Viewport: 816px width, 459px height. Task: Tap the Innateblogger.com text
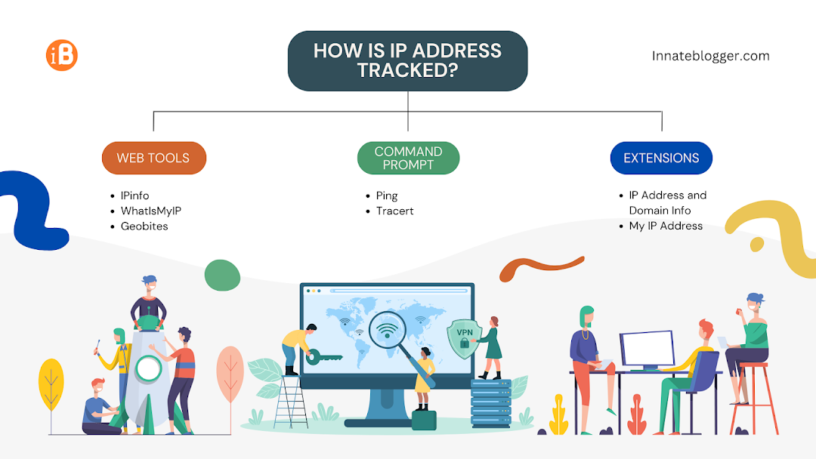710,56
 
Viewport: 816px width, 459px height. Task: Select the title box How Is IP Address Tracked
407,60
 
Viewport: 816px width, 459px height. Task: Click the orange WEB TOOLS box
154,158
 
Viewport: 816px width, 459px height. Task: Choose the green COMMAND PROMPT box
408,158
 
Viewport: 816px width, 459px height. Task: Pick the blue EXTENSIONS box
661,158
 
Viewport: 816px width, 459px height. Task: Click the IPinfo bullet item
134,196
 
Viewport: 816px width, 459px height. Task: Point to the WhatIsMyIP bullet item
150,211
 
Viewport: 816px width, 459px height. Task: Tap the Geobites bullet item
144,226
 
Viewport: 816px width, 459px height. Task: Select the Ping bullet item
387,196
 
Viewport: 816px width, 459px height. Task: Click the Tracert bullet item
394,211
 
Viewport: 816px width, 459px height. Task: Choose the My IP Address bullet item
666,226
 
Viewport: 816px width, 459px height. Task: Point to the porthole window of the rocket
150,369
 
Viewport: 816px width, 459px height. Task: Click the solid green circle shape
222,275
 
